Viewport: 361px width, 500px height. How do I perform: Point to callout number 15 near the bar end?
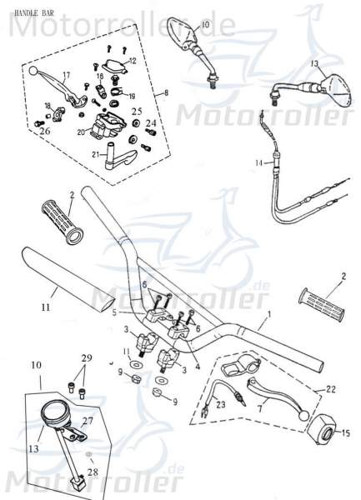tap(347, 432)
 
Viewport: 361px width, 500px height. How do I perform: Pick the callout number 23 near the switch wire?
tap(221, 405)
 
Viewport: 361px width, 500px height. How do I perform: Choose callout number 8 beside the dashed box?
tap(167, 93)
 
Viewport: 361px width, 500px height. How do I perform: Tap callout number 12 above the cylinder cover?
tap(133, 61)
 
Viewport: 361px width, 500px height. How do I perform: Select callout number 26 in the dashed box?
tap(44, 131)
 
